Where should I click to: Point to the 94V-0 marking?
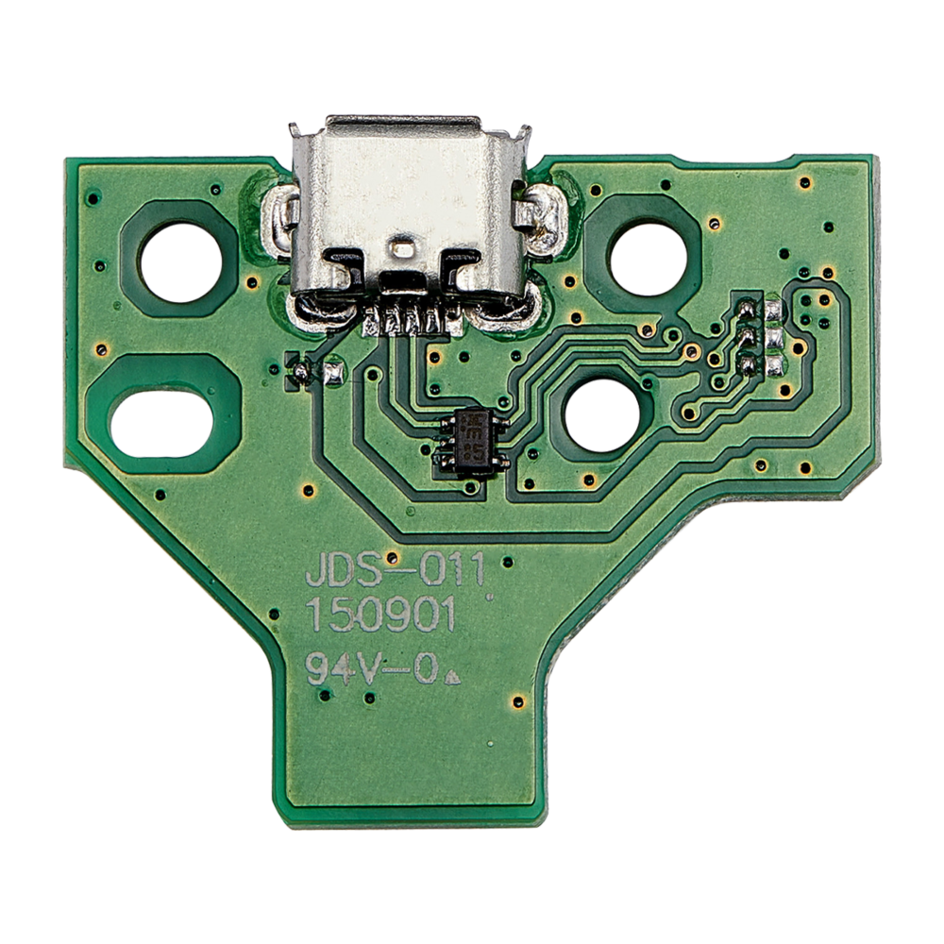point(372,670)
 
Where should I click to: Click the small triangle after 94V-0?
point(450,677)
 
